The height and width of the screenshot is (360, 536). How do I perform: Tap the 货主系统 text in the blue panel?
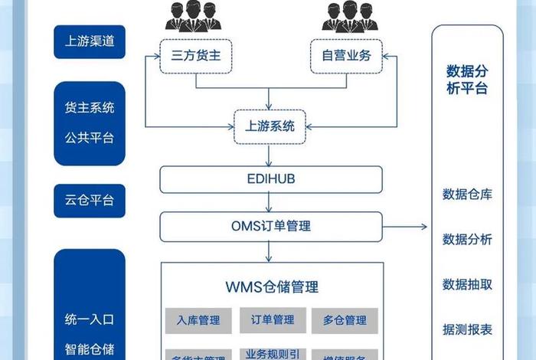coord(89,108)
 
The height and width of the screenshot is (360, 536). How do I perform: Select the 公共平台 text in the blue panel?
coord(89,139)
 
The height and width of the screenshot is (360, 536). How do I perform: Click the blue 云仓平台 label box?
coord(89,200)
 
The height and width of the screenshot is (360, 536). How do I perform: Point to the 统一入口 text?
coord(89,319)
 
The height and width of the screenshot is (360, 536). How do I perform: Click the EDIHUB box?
coord(271,180)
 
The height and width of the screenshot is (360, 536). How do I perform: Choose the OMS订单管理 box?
coord(271,226)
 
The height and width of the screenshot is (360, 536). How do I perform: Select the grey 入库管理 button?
coord(198,320)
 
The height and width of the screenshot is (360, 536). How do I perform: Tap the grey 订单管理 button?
coord(272,320)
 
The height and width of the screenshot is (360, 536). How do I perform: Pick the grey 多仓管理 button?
coord(344,320)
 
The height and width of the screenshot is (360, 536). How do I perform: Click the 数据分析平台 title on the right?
coord(467,80)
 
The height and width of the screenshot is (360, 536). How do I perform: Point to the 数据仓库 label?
coord(467,194)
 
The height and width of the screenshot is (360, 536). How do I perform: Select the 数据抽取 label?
coord(467,284)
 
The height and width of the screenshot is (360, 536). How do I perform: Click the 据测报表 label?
coord(467,330)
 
